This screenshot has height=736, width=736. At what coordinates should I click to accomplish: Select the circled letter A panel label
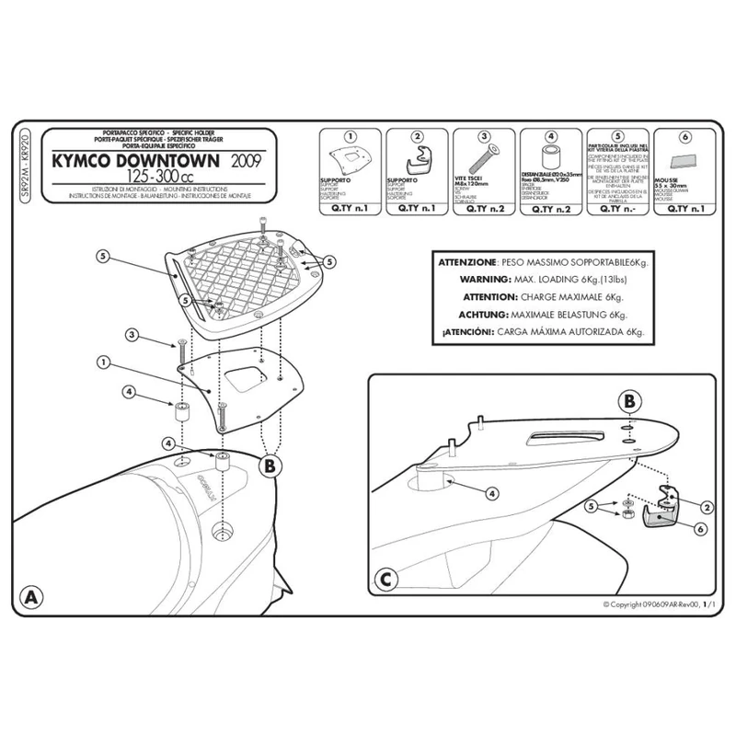(x=33, y=595)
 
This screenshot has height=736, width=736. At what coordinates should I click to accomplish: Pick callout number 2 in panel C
(x=707, y=506)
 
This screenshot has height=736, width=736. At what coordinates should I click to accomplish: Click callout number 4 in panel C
(x=492, y=494)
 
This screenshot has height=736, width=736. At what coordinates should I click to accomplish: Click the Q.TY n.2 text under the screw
(x=482, y=208)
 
